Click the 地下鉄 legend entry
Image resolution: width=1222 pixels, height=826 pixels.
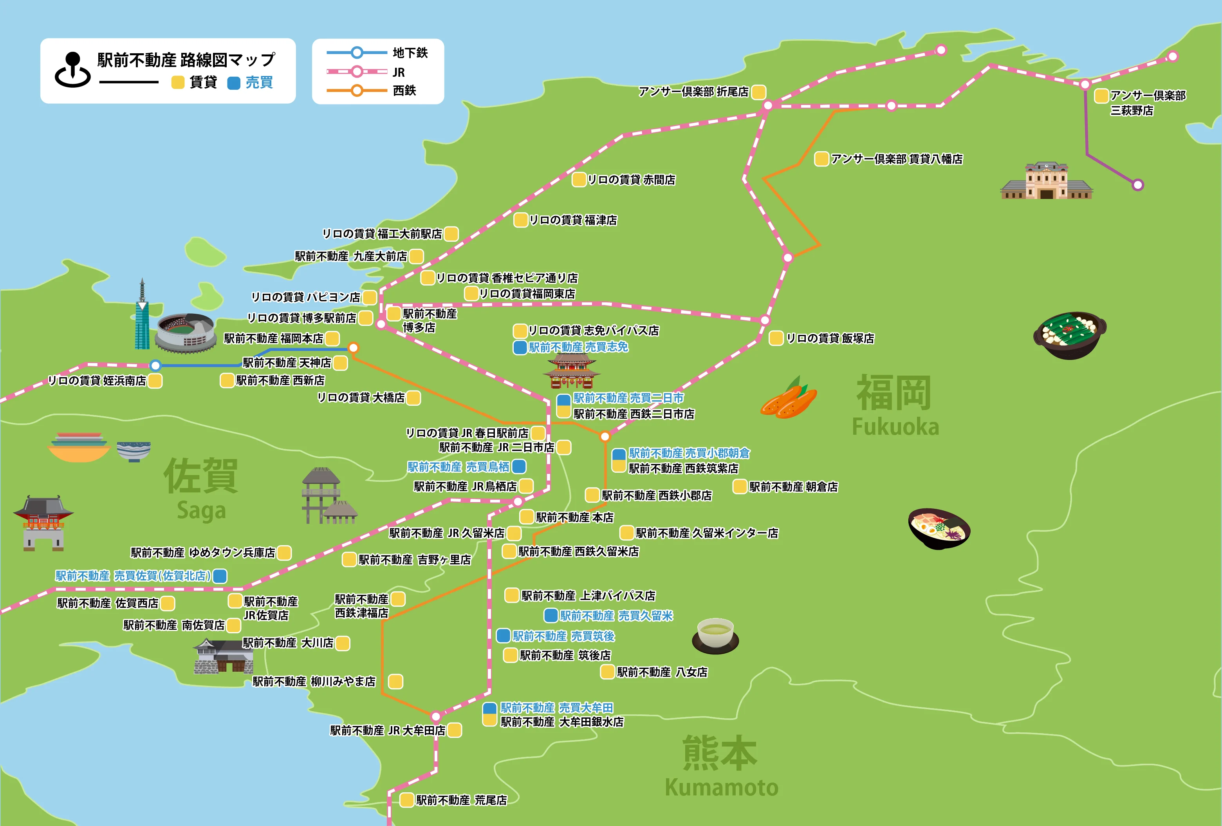pos(410,52)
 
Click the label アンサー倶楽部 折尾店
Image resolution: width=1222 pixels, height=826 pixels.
pos(693,92)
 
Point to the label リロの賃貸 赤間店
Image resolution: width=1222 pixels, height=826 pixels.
pos(631,180)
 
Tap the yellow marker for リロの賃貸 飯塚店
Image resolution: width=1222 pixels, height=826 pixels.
pos(776,338)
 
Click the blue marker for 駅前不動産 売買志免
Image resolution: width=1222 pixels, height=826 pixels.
pos(520,347)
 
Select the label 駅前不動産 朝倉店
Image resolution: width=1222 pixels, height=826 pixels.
pos(793,487)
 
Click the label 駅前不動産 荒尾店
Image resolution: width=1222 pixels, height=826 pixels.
pos(461,800)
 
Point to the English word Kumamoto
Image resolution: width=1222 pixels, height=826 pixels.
pos(721,788)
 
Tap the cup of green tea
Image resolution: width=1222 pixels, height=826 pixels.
pos(715,635)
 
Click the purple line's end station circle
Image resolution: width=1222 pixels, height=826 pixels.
pos(1138,185)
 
